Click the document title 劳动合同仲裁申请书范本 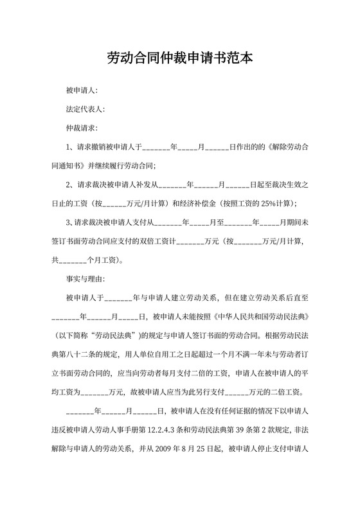(179, 58)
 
